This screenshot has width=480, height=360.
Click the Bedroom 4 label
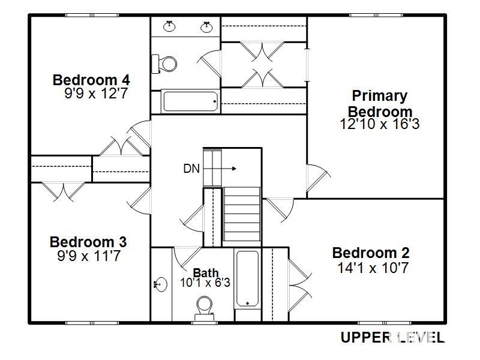[x=91, y=80]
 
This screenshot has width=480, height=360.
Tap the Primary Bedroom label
[x=380, y=103]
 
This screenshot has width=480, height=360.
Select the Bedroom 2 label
[x=370, y=253]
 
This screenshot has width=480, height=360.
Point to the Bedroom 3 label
[x=88, y=242]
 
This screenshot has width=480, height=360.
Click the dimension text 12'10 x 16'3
[x=379, y=124]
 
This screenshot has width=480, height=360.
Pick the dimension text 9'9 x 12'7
[x=96, y=94]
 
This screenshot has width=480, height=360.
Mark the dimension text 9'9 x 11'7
[x=88, y=256]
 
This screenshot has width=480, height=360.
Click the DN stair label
[x=191, y=169]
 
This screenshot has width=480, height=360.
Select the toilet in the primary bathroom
[x=165, y=62]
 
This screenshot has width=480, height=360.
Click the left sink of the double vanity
[x=170, y=26]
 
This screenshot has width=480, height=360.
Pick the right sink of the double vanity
[x=208, y=26]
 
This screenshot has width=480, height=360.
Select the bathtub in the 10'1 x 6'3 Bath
[x=247, y=278]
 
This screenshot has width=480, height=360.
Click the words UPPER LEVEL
[x=392, y=337]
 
